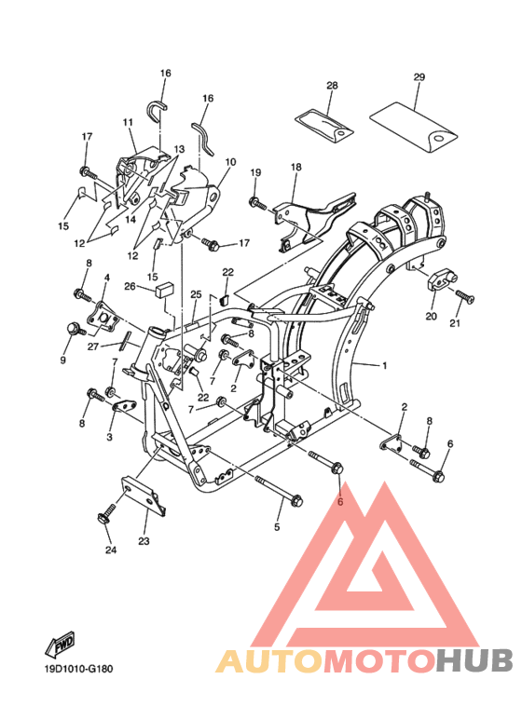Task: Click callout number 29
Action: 419,77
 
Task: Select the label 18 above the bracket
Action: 296,167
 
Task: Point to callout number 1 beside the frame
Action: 384,365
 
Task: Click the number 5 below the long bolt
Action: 277,527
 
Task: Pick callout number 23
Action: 144,541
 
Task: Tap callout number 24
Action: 111,550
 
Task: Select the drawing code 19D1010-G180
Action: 78,669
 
